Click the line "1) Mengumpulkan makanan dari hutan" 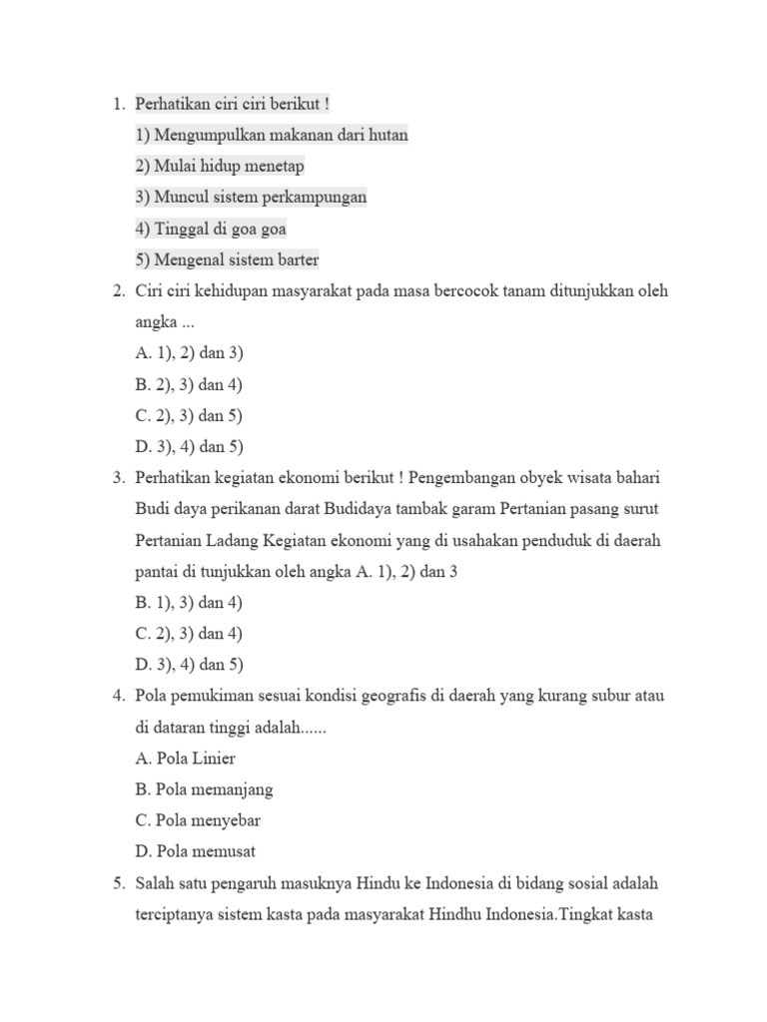point(272,135)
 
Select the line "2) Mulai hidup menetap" point(220,166)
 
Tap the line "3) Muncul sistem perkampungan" point(251,197)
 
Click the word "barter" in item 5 point(297,259)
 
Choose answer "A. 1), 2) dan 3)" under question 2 point(190,353)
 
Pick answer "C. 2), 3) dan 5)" point(190,415)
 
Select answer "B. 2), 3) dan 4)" point(190,384)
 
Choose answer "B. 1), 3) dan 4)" point(190,603)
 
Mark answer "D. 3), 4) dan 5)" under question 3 point(190,665)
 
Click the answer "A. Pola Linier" point(186,759)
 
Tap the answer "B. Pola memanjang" point(204,789)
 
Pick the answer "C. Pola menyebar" point(198,820)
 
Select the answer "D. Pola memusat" point(196,851)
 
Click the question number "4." point(119,696)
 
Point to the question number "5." point(119,883)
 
